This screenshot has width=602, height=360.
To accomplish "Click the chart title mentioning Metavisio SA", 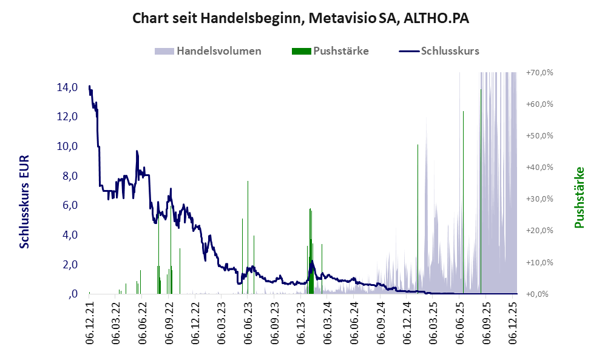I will pyautogui.click(x=301, y=19).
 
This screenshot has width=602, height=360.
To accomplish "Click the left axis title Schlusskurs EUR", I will pyautogui.click(x=25, y=200).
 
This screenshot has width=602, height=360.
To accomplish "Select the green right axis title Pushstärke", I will pyautogui.click(x=579, y=197).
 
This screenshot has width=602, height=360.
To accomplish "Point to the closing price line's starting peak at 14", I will pyautogui.click(x=89, y=87).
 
